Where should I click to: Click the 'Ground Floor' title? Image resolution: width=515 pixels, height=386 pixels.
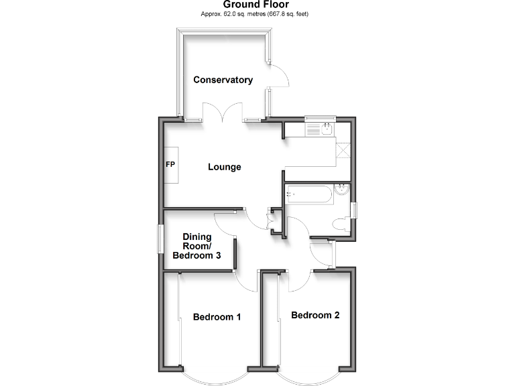(x=257, y=5)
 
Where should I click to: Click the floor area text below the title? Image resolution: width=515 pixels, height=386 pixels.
(x=257, y=14)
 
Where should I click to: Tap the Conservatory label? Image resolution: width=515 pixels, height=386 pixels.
(x=223, y=80)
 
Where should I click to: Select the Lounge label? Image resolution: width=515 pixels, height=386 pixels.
(x=224, y=167)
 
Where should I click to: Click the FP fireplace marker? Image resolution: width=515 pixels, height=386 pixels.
(x=170, y=164)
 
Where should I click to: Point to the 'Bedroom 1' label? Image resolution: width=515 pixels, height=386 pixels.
(x=217, y=317)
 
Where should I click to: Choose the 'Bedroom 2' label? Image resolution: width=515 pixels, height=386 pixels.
(x=315, y=315)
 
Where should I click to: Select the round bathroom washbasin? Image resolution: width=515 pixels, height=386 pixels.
(x=342, y=189)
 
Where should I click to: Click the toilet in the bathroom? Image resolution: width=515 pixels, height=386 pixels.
(x=341, y=225)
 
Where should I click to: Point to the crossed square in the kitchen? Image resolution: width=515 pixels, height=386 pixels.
(x=343, y=149)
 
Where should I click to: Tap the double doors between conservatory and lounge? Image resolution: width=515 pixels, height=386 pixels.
(x=223, y=113)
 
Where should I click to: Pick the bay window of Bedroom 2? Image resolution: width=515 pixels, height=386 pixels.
(x=310, y=379)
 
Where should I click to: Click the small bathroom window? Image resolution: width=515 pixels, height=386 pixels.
(x=356, y=210)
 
